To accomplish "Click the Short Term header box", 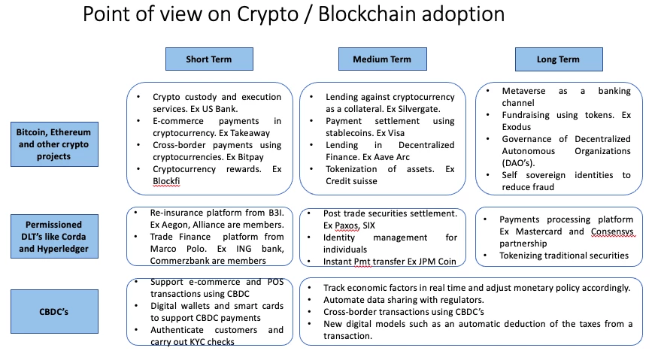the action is click(x=209, y=59).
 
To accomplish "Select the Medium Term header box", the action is click(x=382, y=59).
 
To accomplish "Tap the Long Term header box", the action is click(x=559, y=59).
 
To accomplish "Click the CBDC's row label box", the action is click(x=54, y=311).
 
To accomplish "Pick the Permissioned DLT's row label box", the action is click(x=54, y=237).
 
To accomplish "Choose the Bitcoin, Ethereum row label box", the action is click(x=54, y=144).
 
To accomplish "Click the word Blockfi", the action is click(x=166, y=181).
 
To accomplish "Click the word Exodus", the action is click(x=517, y=127).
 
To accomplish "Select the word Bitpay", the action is click(x=251, y=157).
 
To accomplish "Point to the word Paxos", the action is click(x=347, y=225).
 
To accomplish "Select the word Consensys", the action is click(x=612, y=231).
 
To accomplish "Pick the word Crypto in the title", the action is click(x=268, y=14).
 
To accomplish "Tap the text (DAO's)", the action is click(x=518, y=163).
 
